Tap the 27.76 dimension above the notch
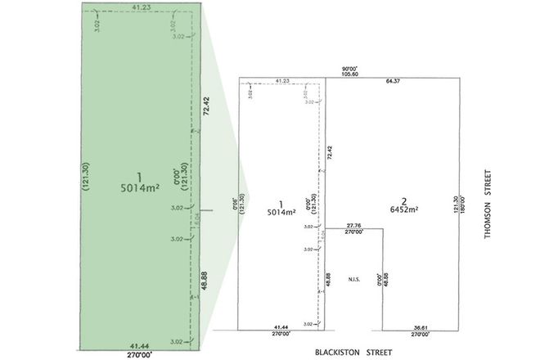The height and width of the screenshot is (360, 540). pyautogui.click(x=353, y=225)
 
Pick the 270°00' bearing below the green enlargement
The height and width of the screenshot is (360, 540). pyautogui.click(x=141, y=355)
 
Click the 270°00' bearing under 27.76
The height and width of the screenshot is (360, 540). pyautogui.click(x=353, y=232)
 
